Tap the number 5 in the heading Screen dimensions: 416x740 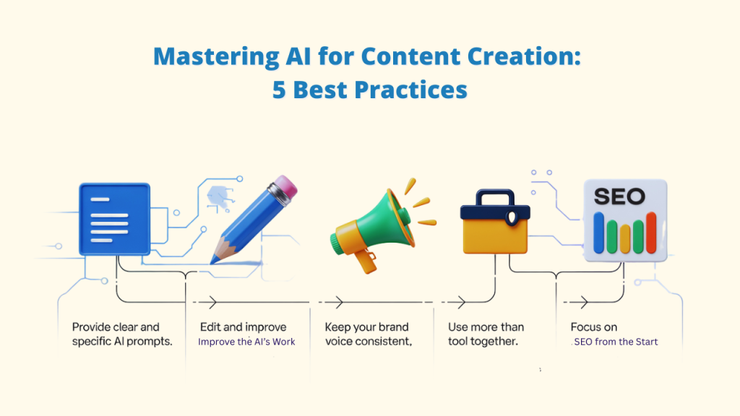tap(279, 90)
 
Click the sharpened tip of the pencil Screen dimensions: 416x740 tap(215, 258)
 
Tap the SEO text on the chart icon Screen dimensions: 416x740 tap(619, 196)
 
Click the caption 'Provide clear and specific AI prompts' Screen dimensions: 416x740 tap(122, 334)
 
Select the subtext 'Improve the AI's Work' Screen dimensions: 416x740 tap(246, 342)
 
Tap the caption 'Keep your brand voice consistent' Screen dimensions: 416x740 tap(369, 334)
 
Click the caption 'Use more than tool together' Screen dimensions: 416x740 tap(486, 334)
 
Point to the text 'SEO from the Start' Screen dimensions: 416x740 tap(615, 342)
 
